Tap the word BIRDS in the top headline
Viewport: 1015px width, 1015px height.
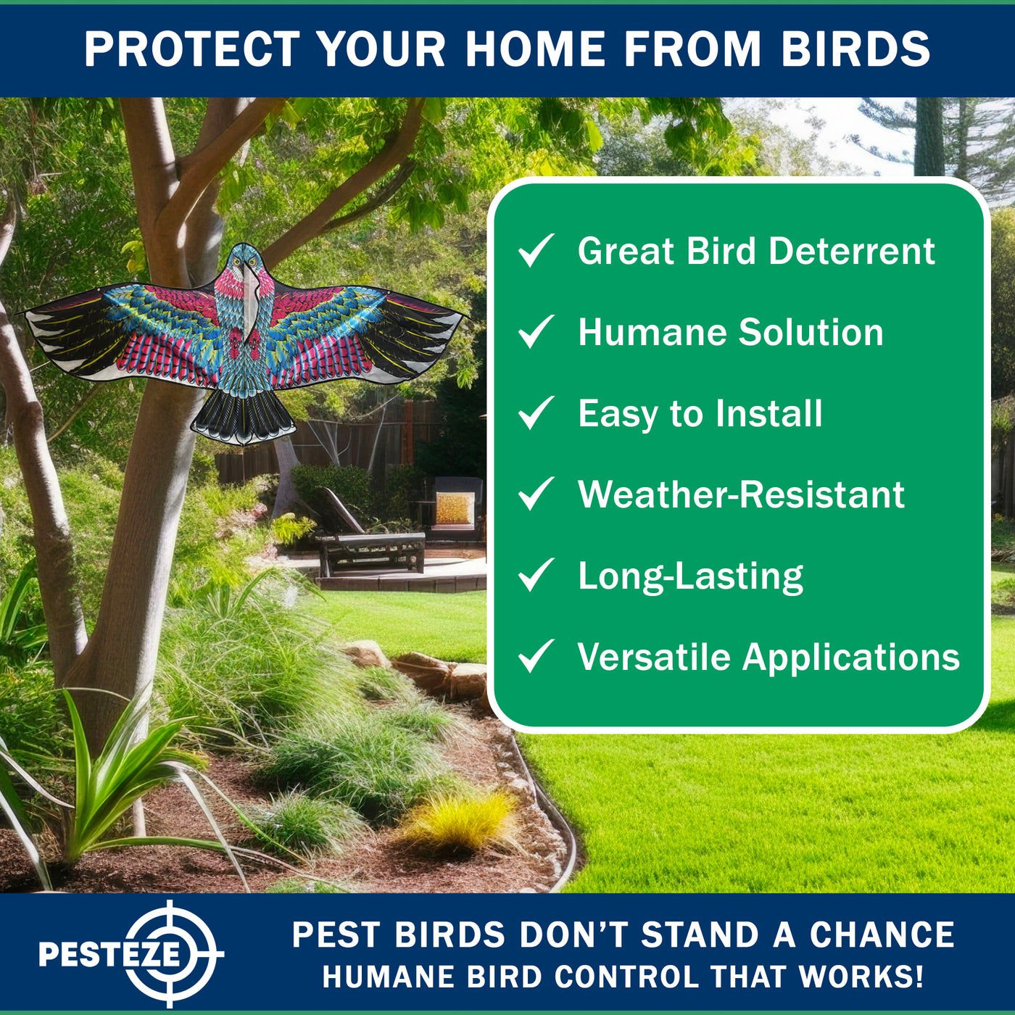tap(855, 49)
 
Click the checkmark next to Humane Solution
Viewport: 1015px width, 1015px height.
tap(536, 331)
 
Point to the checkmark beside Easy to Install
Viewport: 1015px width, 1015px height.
tap(536, 413)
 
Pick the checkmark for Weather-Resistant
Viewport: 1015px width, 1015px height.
tap(536, 494)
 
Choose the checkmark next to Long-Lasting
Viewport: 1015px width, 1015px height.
tap(536, 575)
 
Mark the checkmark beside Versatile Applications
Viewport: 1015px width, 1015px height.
tap(536, 656)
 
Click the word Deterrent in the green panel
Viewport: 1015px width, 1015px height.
tap(852, 251)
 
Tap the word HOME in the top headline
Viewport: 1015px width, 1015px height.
tap(535, 49)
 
